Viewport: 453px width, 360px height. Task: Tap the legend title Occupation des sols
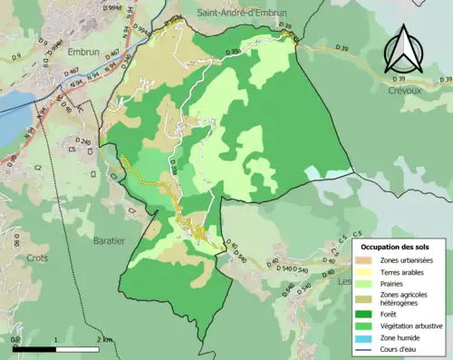pos(400,247)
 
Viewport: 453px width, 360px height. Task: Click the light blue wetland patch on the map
pos(313,172)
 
